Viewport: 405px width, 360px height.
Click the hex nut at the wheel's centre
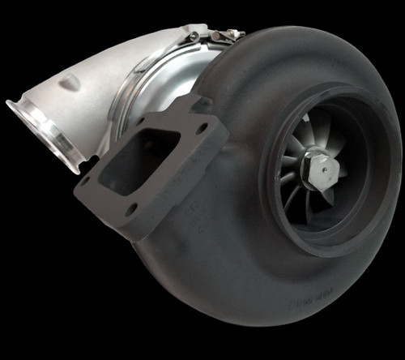(x=318, y=171)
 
